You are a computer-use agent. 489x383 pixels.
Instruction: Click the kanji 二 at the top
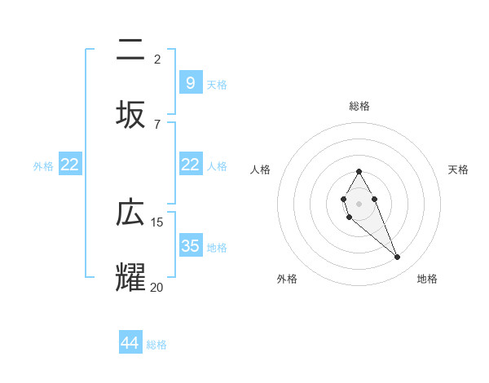click(130, 51)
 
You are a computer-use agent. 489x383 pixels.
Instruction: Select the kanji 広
click(130, 214)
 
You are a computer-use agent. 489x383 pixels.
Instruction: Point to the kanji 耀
click(130, 277)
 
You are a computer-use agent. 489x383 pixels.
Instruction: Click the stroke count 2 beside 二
click(157, 59)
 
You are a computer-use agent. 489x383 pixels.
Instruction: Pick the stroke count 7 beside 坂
click(157, 124)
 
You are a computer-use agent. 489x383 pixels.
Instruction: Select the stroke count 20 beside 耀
click(157, 287)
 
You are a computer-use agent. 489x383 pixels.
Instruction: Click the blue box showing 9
click(190, 82)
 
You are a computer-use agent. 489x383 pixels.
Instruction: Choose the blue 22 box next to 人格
click(190, 165)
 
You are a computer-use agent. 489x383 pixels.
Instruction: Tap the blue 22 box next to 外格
click(70, 165)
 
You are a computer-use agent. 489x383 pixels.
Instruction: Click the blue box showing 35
click(190, 245)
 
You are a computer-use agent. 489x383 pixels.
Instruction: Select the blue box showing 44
click(130, 343)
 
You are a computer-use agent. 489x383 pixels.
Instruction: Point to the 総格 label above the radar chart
click(359, 106)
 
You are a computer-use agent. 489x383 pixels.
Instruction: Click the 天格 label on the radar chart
click(458, 169)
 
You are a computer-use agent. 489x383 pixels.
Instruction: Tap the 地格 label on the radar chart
click(427, 279)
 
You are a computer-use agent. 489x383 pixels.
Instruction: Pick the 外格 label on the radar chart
click(287, 279)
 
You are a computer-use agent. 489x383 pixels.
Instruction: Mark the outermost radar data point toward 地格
click(397, 258)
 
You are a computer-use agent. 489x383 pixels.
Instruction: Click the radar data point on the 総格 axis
click(359, 171)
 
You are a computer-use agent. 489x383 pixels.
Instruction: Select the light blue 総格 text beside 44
click(156, 345)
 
